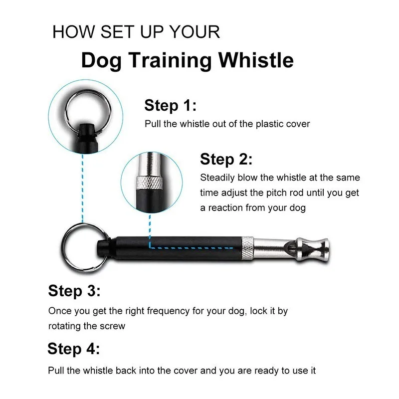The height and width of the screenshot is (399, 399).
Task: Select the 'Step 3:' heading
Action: pos(74,291)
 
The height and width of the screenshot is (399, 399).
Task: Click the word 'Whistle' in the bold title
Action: pos(255,60)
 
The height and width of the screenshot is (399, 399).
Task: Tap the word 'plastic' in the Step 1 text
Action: pos(268,124)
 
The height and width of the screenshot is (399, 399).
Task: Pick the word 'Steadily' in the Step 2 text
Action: pos(217,178)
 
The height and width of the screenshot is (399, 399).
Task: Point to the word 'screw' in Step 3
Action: pos(113,326)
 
